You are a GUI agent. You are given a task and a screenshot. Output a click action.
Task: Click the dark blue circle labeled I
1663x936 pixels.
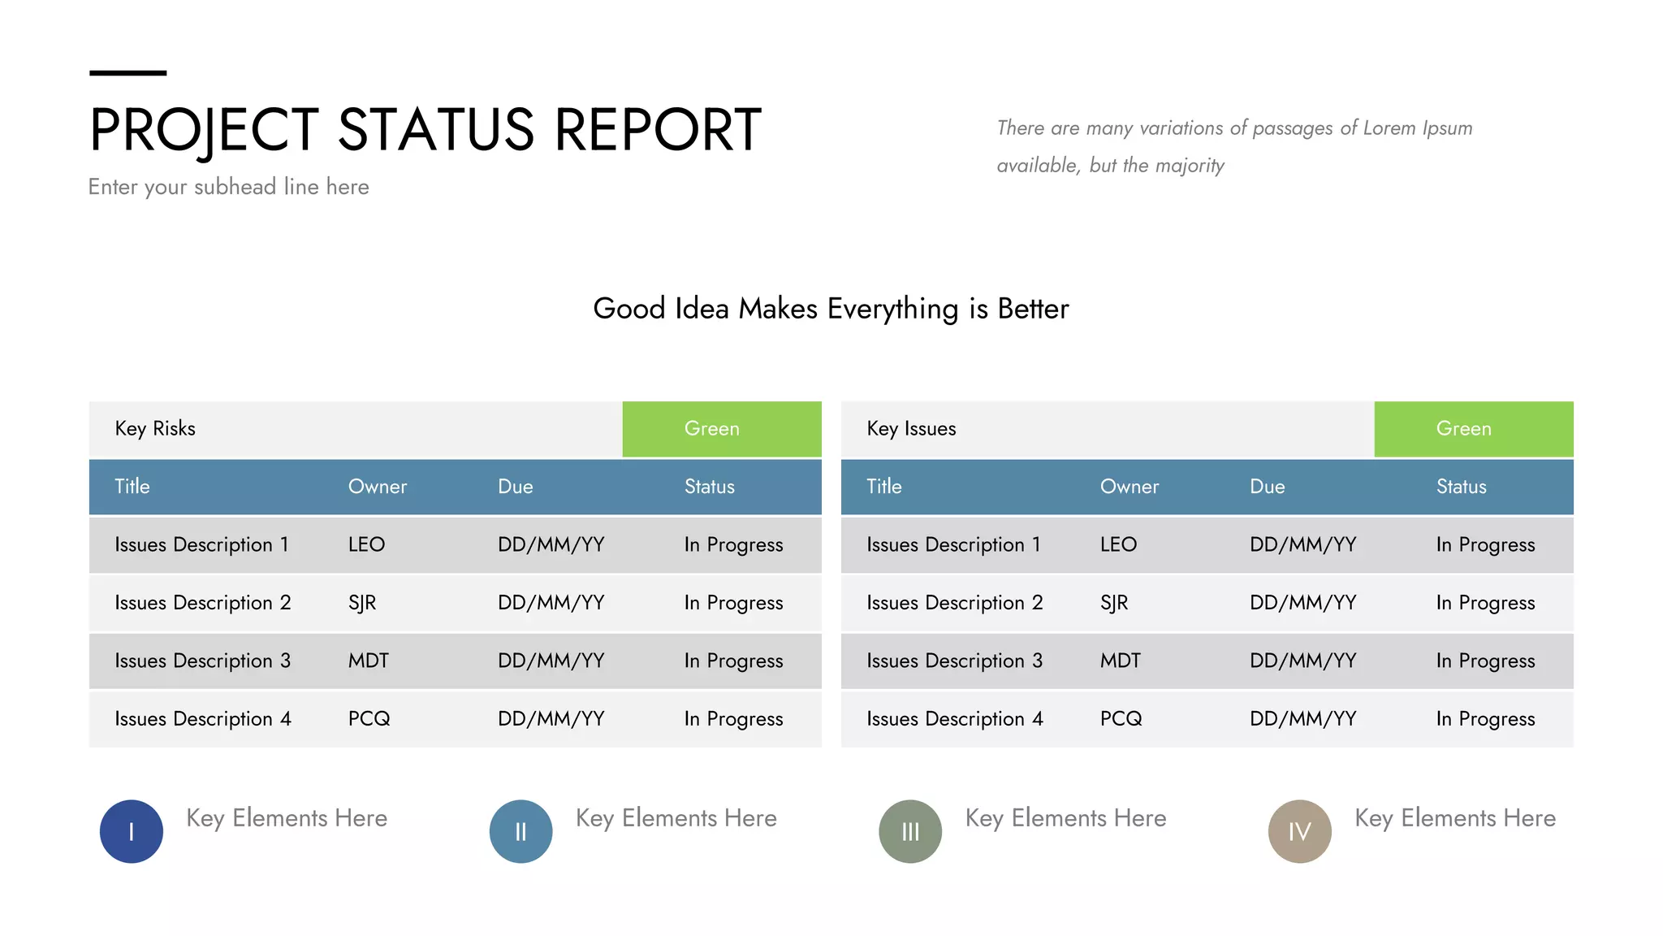click(x=131, y=831)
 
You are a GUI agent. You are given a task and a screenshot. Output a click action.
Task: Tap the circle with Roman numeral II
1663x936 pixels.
click(x=520, y=831)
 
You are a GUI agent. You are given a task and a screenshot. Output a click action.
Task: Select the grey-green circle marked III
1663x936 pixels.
click(x=910, y=831)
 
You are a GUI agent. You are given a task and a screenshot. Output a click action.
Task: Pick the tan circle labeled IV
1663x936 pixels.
click(x=1299, y=831)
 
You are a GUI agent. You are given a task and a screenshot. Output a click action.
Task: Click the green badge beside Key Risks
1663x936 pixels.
click(x=721, y=429)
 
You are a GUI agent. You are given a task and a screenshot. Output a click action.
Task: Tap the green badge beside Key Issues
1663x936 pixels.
click(x=1473, y=429)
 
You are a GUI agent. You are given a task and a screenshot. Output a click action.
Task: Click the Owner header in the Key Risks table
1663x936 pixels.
click(x=378, y=487)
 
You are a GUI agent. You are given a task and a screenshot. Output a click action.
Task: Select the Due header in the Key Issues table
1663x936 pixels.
click(x=1267, y=487)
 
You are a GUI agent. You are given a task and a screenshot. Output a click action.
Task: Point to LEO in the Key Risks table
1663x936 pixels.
click(x=366, y=544)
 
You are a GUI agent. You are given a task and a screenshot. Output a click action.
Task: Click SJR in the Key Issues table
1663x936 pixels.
click(x=1114, y=603)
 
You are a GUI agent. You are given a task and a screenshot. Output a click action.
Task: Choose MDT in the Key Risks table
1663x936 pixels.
click(x=369, y=661)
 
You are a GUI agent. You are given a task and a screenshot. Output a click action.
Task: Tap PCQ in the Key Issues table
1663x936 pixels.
click(x=1121, y=719)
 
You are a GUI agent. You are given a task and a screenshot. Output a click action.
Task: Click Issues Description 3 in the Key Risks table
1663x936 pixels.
click(x=202, y=661)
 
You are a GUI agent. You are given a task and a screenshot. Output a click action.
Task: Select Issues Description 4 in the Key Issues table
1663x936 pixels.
click(x=954, y=719)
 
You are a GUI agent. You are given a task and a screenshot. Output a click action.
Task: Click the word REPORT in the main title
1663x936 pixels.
click(x=658, y=130)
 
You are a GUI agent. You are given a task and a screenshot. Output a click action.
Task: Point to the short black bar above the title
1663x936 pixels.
click(x=127, y=73)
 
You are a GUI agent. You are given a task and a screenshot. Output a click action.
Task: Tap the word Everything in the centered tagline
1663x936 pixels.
click(x=892, y=309)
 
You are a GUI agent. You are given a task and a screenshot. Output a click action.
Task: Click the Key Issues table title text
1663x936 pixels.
click(x=911, y=429)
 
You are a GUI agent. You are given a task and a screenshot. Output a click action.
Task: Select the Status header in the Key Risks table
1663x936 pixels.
click(x=709, y=487)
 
